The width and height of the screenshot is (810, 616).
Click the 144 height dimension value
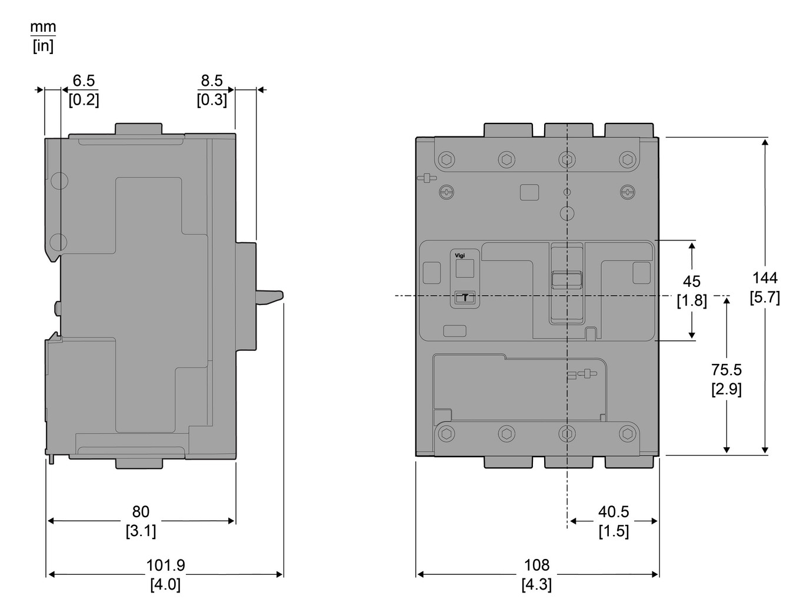pyautogui.click(x=765, y=277)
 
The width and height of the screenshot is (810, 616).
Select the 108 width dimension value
pyautogui.click(x=536, y=565)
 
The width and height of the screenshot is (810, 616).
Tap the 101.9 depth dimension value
pyautogui.click(x=165, y=565)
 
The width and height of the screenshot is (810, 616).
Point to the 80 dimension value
pyautogui.click(x=141, y=511)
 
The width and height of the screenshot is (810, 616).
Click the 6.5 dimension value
pyautogui.click(x=84, y=81)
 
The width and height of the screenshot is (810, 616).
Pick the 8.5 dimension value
pyautogui.click(x=211, y=81)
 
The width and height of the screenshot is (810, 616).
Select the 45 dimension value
pyautogui.click(x=691, y=281)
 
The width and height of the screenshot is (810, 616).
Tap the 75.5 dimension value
pyautogui.click(x=726, y=370)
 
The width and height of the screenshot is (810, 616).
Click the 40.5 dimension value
pyautogui.click(x=614, y=512)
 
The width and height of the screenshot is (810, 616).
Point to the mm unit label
pyautogui.click(x=43, y=27)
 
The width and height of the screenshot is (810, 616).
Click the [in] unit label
pyautogui.click(x=43, y=46)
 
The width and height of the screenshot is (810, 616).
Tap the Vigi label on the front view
pyautogui.click(x=460, y=255)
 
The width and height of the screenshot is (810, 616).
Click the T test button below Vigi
pyautogui.click(x=465, y=298)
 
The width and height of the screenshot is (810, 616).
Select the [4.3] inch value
pyautogui.click(x=536, y=584)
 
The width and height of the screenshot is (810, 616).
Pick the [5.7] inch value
pyautogui.click(x=765, y=297)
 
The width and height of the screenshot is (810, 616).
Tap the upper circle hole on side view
pyautogui.click(x=59, y=181)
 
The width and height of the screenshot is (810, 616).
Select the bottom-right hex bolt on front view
pyautogui.click(x=627, y=434)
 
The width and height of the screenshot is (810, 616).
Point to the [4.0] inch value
pyautogui.click(x=165, y=584)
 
